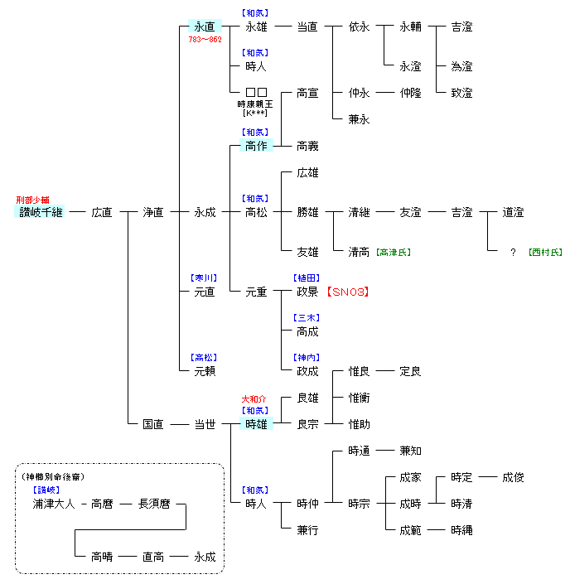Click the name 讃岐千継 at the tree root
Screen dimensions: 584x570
[x=41, y=212]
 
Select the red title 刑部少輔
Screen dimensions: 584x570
[x=33, y=200]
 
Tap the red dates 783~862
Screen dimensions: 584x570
[x=205, y=39]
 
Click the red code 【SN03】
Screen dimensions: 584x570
[x=347, y=292]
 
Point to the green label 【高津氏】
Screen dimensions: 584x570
[x=393, y=252]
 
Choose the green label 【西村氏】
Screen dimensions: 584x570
[x=544, y=252]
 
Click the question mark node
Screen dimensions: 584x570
[x=514, y=252]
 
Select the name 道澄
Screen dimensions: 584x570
[x=513, y=212]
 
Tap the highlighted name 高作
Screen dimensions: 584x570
[x=256, y=146]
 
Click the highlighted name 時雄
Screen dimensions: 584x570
[x=256, y=424]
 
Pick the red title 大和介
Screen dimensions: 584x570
[x=254, y=398]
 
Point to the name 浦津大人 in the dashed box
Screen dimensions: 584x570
[x=55, y=504]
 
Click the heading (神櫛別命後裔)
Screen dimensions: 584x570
[x=53, y=476]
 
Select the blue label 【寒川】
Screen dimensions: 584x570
[x=204, y=278]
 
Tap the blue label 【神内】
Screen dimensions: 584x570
[x=307, y=357]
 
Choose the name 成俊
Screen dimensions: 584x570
[x=513, y=477]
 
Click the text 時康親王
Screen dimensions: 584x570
[x=255, y=104]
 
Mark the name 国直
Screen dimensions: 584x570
[x=153, y=424]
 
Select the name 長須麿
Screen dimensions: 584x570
[x=153, y=504]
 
